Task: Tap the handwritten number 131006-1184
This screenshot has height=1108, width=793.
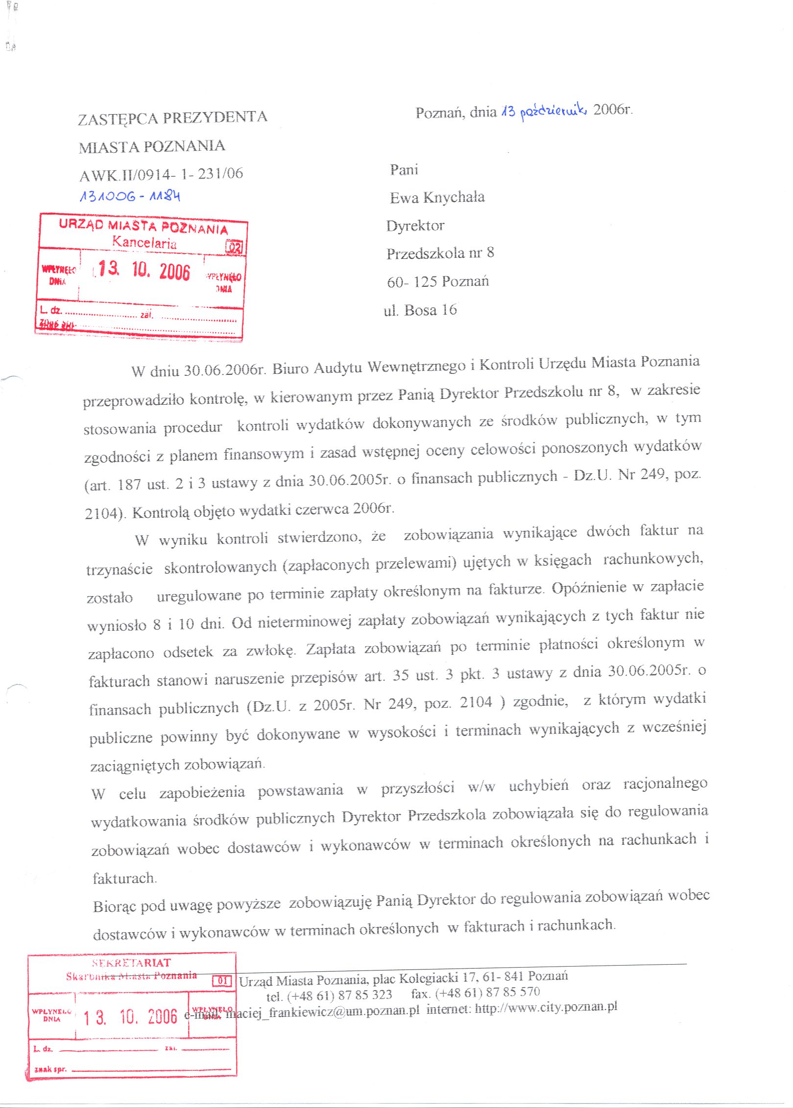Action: click(x=130, y=196)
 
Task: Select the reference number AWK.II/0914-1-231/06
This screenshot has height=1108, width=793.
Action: click(x=161, y=174)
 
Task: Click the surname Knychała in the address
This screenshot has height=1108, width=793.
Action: click(x=454, y=197)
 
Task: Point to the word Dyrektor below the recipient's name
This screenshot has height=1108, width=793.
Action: click(x=415, y=226)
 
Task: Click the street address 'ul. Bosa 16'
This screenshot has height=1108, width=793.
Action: click(x=420, y=310)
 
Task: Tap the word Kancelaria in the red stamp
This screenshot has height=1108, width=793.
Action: click(x=144, y=242)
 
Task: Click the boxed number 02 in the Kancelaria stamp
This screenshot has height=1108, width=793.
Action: click(x=235, y=247)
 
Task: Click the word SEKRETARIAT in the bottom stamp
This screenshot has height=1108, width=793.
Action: click(x=131, y=963)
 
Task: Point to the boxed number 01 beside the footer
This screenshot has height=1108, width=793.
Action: click(x=222, y=981)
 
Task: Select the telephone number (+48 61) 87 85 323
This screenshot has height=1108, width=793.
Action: click(x=339, y=995)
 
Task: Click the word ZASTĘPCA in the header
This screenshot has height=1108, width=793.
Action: click(x=118, y=119)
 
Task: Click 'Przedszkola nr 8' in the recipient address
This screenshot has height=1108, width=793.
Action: click(x=440, y=253)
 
